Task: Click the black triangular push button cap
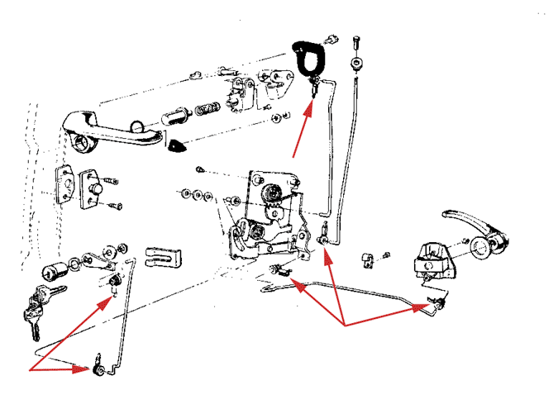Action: pos(176,147)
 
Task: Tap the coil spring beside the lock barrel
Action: pos(207,109)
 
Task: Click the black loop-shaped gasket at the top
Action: pos(309,59)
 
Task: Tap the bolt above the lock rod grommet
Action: pos(357,40)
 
